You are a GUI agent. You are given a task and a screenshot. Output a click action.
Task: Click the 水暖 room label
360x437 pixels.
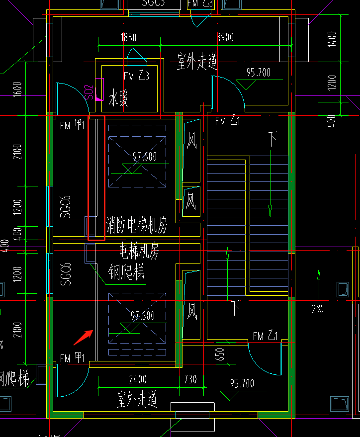(118, 98)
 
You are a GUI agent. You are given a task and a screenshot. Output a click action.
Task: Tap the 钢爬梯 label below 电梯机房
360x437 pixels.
(126, 272)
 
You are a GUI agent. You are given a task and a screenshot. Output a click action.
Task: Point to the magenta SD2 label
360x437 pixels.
(89, 92)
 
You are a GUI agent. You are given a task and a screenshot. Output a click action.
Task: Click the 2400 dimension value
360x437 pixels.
(138, 380)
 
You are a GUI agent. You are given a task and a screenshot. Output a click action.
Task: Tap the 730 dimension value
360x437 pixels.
(190, 380)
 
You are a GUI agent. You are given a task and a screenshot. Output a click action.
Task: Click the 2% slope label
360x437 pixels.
(317, 309)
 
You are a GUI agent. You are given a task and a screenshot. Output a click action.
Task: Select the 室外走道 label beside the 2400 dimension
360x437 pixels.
(137, 399)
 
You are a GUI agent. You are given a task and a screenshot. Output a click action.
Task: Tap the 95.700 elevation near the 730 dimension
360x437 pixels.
(242, 384)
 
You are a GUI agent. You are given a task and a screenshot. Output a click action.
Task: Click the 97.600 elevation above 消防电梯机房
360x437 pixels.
(145, 157)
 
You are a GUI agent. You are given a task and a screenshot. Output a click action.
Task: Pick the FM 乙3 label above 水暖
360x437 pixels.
(136, 76)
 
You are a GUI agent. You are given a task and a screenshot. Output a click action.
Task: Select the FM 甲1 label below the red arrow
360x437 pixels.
(72, 357)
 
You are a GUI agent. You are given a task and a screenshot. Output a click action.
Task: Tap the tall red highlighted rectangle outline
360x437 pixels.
(96, 178)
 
